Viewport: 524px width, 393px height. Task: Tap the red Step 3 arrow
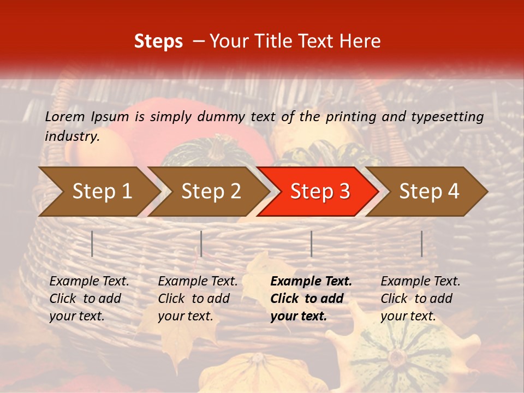[x=320, y=192]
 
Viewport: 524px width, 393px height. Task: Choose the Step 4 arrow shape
[x=429, y=192]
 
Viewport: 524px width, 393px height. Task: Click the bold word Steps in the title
[x=158, y=41]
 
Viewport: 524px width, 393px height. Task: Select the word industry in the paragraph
[x=72, y=136]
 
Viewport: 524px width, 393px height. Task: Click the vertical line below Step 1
[x=92, y=243]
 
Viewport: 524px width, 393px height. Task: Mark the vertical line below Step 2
[x=201, y=243]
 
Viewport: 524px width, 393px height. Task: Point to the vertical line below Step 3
[x=312, y=243]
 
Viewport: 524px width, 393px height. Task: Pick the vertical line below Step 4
[x=422, y=243]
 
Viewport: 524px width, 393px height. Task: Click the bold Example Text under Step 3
[x=311, y=282]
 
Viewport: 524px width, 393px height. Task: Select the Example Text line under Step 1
[x=89, y=282]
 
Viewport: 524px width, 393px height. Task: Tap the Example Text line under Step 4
[x=420, y=282]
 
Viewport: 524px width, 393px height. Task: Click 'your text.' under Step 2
[x=186, y=316]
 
